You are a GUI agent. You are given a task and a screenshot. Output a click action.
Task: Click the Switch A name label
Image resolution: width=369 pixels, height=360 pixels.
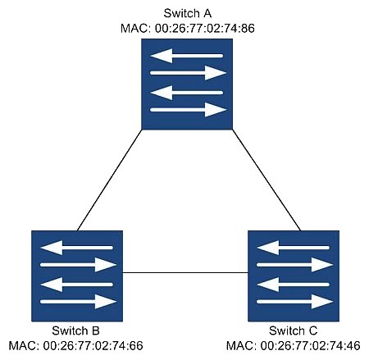click(187, 13)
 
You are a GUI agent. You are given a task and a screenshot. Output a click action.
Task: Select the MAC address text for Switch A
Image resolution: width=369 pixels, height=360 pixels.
click(188, 29)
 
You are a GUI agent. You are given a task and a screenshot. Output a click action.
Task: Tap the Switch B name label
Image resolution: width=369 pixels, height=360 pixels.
click(75, 330)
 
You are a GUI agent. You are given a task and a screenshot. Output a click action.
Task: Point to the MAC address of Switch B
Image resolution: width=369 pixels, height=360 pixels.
click(75, 346)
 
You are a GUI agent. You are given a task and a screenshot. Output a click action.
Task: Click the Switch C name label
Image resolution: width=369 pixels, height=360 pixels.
click(293, 330)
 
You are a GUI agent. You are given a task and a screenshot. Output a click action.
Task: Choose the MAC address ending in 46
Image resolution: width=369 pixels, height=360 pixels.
click(293, 346)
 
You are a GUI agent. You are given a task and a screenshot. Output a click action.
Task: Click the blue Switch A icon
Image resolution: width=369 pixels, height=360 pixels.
click(187, 84)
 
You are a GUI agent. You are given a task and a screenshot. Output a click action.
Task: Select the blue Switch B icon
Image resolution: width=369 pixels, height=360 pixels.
click(77, 276)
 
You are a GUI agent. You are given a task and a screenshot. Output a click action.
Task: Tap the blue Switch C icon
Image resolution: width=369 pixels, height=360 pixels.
click(294, 276)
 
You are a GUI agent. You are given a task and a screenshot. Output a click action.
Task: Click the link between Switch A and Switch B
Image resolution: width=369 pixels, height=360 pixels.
click(109, 180)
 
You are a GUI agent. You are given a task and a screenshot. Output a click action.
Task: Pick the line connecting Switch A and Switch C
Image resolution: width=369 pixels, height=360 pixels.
click(266, 180)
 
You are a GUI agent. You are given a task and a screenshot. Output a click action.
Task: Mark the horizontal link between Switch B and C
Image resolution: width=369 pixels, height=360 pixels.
click(185, 272)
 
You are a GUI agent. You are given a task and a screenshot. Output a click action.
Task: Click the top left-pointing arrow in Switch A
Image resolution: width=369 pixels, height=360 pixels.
click(187, 56)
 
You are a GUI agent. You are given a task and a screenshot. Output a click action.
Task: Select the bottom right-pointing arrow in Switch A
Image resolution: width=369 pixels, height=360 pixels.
click(189, 110)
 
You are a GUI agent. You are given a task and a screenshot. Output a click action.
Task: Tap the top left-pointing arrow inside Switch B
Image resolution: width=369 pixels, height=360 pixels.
click(77, 248)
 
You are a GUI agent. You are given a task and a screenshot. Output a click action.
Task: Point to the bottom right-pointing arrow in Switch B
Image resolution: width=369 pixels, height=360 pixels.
click(79, 302)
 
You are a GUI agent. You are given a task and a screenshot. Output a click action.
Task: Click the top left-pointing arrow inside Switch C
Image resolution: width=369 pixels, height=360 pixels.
click(294, 248)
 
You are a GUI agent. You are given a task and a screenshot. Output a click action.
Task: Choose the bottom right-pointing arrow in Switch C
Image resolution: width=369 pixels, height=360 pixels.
click(295, 302)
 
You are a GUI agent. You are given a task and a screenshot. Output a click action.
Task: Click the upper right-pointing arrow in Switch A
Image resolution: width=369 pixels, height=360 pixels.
click(189, 73)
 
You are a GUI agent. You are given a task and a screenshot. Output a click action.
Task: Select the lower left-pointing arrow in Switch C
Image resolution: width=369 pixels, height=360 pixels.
click(294, 285)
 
